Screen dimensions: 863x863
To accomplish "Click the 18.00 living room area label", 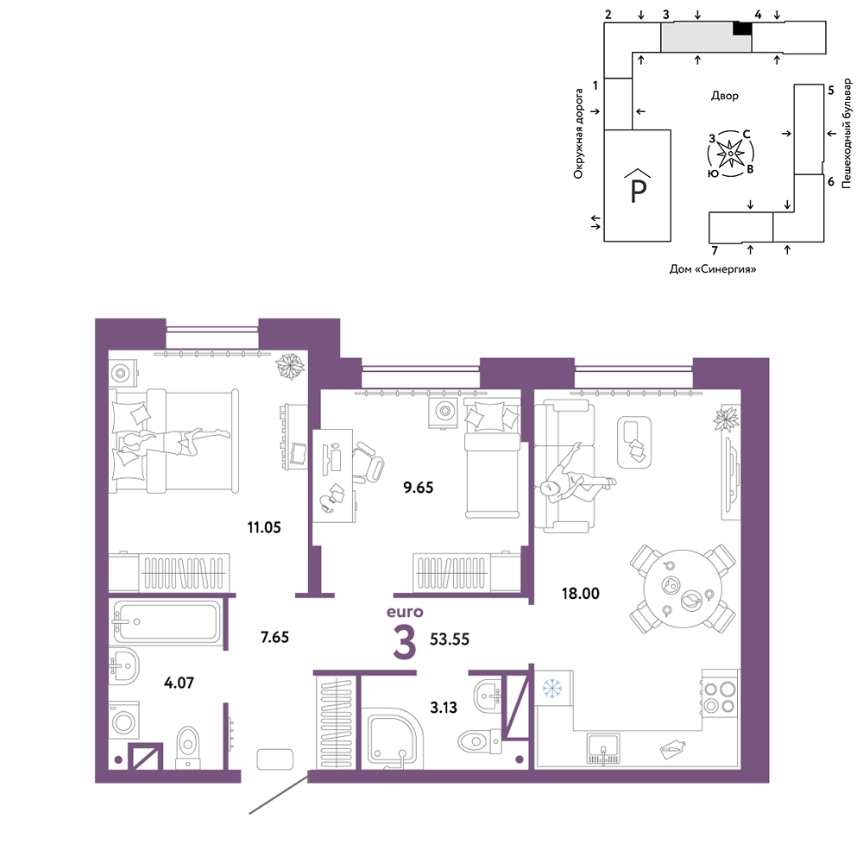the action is [580, 594].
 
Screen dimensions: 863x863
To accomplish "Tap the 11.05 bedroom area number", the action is [263, 527].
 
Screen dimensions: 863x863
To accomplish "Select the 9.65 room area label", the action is [419, 487].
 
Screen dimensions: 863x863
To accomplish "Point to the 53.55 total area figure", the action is [449, 639].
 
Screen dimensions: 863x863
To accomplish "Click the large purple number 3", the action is [405, 642].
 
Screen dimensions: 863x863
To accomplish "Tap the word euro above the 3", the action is [405, 612].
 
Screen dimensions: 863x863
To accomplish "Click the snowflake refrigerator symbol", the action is [552, 688].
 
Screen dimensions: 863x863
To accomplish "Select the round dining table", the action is [683, 589].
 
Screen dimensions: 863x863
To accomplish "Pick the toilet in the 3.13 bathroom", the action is [479, 740].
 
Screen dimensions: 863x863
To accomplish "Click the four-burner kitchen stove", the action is [721, 696].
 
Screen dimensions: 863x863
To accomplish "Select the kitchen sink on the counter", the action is [602, 748].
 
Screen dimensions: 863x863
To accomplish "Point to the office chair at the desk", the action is [367, 463].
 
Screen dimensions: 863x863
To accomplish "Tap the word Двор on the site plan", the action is [724, 96].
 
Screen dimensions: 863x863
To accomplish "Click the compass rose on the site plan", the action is [730, 154].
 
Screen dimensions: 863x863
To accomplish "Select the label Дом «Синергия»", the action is [712, 269].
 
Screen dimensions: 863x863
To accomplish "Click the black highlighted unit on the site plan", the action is [742, 28].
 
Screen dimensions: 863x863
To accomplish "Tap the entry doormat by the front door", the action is [275, 759].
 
